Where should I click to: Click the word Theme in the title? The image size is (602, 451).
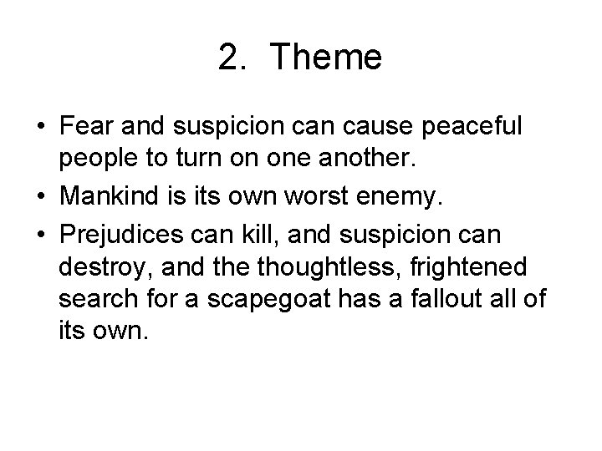[x=327, y=58]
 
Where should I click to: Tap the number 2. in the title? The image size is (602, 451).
[x=235, y=58]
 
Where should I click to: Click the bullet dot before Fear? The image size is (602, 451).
[x=41, y=128]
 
